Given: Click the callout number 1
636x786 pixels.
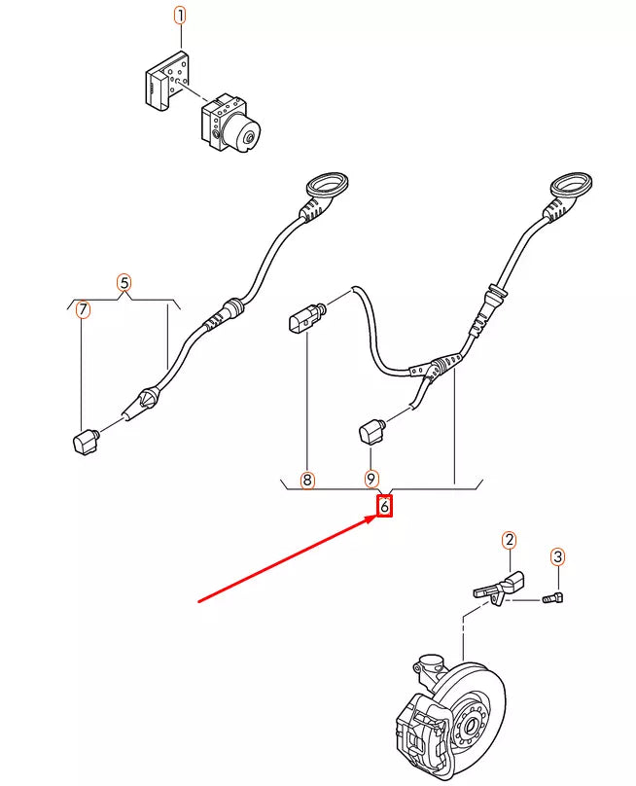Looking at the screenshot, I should pos(179,16).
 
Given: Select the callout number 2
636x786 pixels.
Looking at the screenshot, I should pos(509,540).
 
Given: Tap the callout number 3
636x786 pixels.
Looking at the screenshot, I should pos(557,556).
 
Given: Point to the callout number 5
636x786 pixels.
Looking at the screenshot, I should pos(124,283).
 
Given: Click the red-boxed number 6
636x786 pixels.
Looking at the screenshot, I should pos(384,506).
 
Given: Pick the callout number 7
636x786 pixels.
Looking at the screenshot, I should pos(83,310).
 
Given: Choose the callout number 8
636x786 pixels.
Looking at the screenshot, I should pos(307,480).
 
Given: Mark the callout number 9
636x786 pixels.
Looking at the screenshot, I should pos(371,480).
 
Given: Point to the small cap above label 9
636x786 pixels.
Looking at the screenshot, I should pos(372,429).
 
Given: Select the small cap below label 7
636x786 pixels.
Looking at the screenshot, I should pos(86,440).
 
